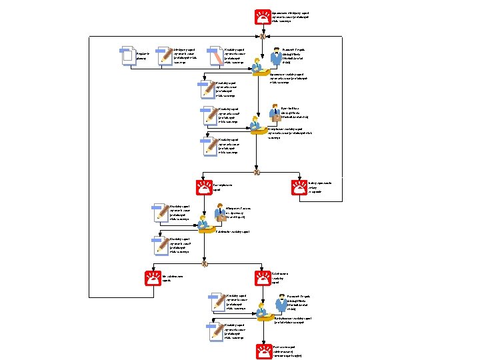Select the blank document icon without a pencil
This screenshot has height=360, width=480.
(x=125, y=56)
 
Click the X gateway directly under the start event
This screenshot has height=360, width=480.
(x=262, y=37)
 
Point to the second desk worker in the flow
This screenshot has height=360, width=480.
(x=255, y=123)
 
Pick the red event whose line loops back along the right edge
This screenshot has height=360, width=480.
(x=299, y=189)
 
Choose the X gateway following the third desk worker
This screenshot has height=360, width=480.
(x=205, y=264)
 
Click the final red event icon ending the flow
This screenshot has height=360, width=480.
(x=263, y=351)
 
